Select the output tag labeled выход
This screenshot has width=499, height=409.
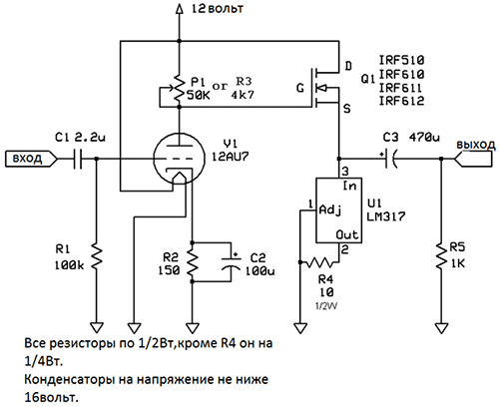[473, 159]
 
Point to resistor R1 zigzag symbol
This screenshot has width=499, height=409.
[97, 256]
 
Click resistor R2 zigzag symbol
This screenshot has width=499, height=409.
[192, 262]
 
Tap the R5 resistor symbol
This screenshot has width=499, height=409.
[441, 256]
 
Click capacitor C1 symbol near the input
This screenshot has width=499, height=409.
[78, 159]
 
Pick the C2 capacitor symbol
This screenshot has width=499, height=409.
[231, 262]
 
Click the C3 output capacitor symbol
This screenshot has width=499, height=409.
[388, 159]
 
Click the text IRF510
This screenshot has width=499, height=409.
[402, 60]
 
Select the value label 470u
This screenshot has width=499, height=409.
[424, 137]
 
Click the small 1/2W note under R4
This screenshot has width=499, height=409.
[326, 306]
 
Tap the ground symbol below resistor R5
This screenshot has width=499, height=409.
[441, 328]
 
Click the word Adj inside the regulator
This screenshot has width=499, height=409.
[330, 210]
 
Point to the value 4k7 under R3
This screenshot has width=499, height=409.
[243, 95]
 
